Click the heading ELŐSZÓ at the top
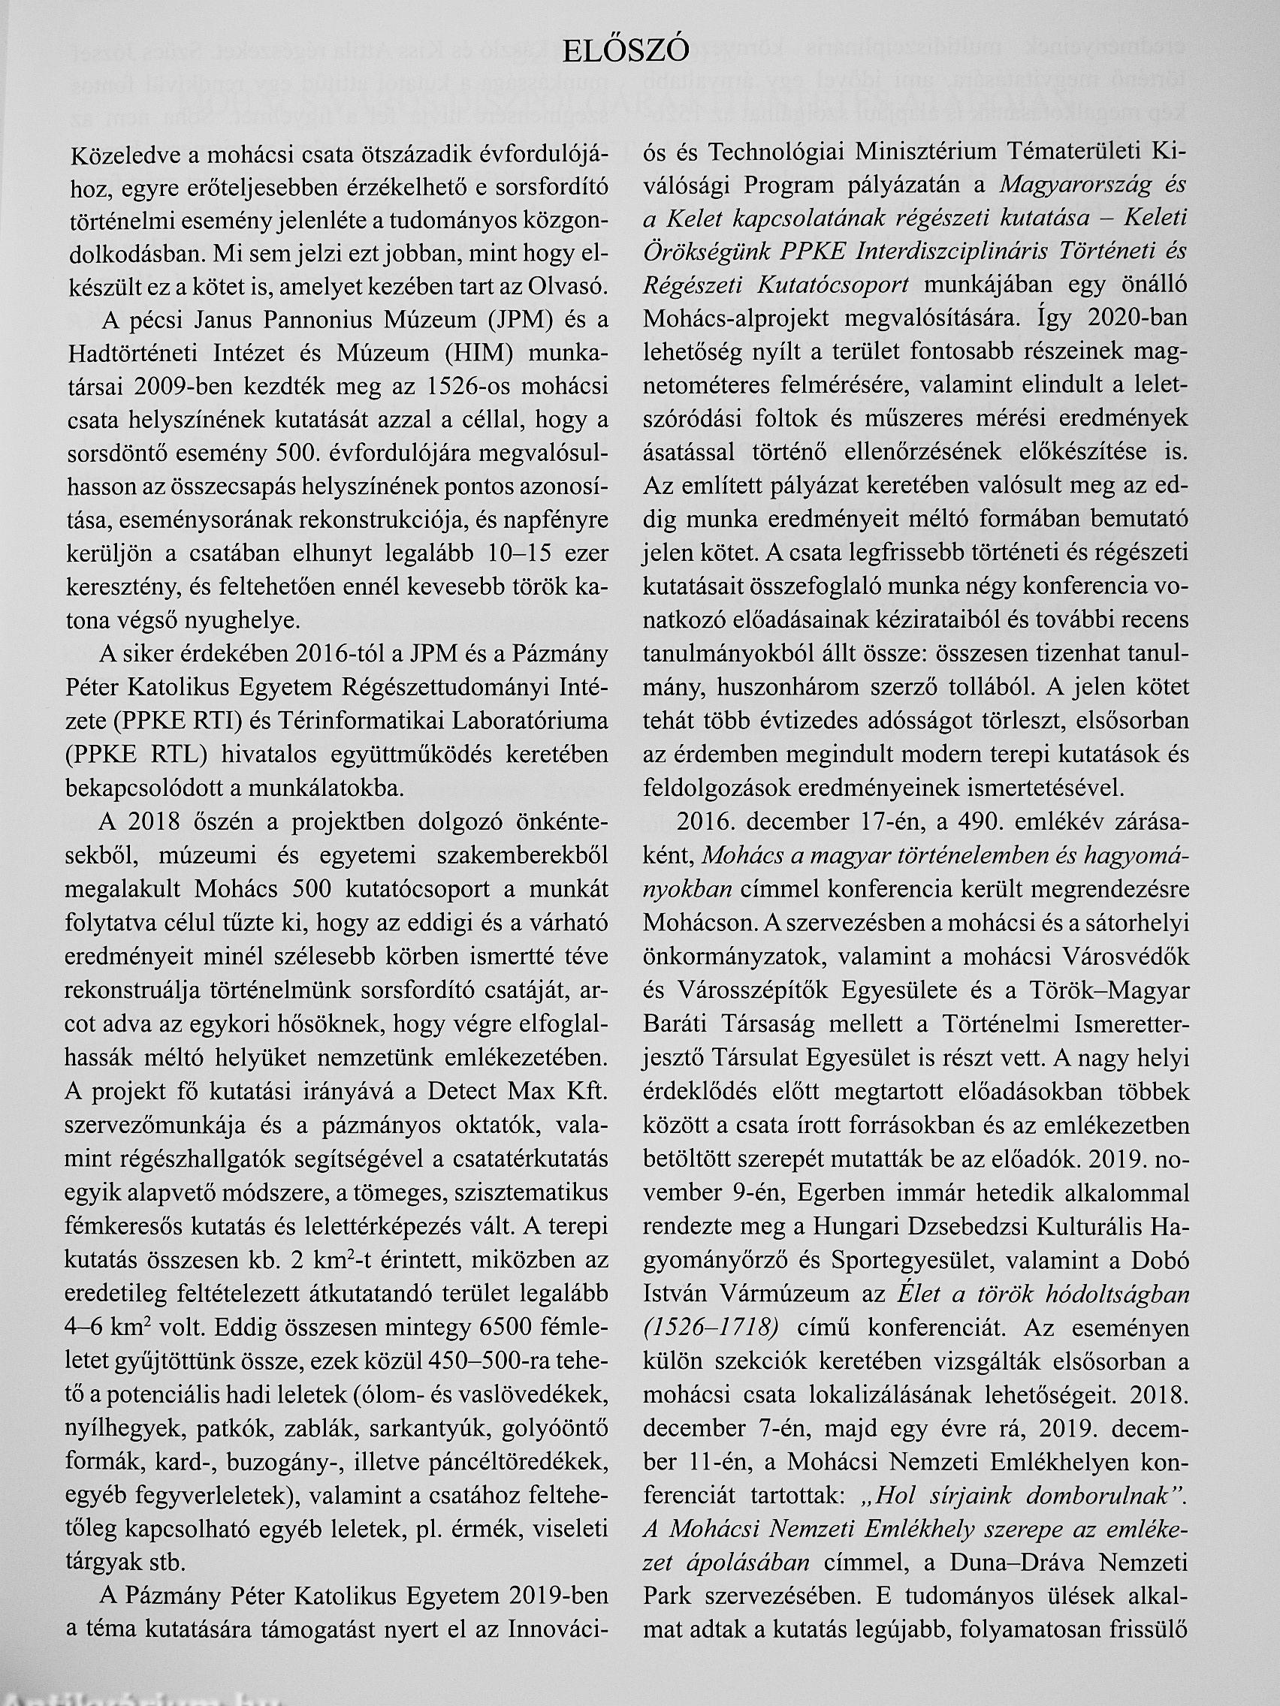(x=626, y=51)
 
